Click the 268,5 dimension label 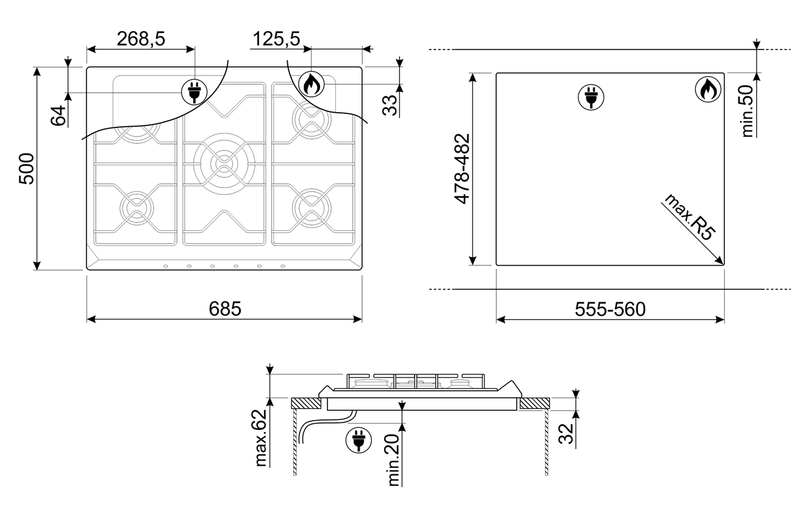pos(141,38)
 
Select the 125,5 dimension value pos(276,38)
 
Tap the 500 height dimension pos(26,169)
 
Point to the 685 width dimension pos(224,308)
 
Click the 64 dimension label pos(58,115)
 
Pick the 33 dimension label pos(390,105)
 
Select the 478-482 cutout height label pos(462,169)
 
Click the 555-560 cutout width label pos(610,309)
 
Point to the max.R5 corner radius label pos(689,217)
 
